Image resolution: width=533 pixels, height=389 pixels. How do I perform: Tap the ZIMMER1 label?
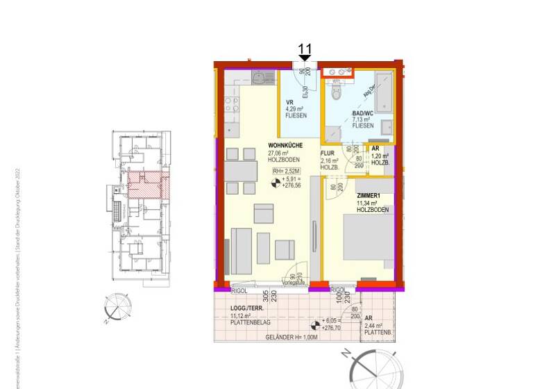(x=370, y=196)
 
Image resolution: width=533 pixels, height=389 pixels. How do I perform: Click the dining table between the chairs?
(x=239, y=170)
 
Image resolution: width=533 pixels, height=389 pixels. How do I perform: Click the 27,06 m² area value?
(x=282, y=153)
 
